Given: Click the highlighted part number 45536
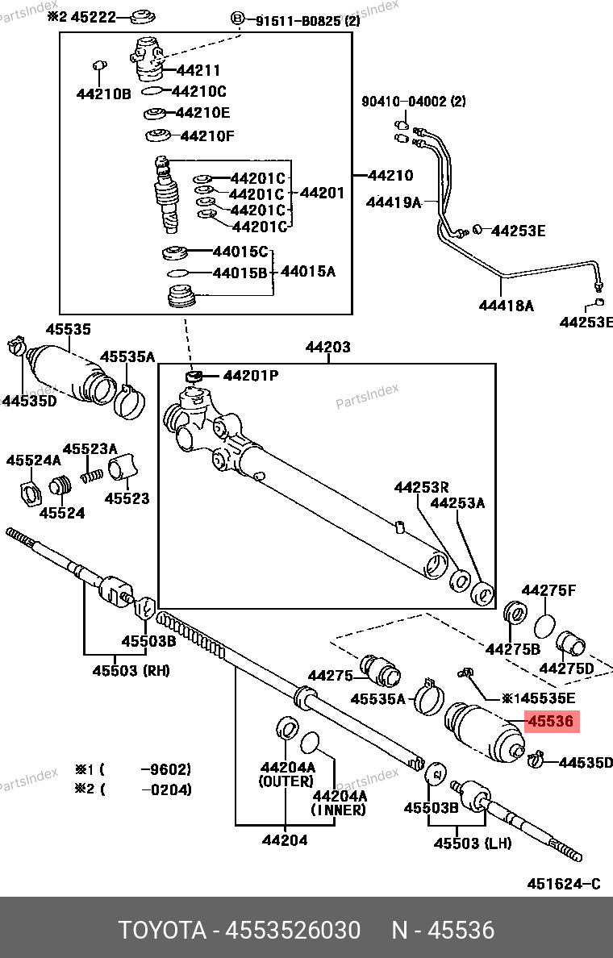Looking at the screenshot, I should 551,722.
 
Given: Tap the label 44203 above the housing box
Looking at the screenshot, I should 327,348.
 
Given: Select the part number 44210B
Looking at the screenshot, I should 103,94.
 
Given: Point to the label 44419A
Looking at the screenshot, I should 394,202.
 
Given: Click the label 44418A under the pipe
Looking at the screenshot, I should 506,306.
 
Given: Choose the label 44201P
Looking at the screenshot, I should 250,376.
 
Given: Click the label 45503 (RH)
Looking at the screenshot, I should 131,670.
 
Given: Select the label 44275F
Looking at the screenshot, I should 548,591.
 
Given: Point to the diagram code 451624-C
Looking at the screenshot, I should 564,884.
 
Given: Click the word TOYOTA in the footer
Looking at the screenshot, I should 162,931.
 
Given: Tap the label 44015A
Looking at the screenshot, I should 307,272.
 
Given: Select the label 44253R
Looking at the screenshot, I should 421,487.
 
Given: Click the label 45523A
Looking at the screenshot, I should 90,449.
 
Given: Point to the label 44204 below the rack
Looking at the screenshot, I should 284,840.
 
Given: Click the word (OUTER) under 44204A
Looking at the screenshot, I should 286,781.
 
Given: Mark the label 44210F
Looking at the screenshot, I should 206,135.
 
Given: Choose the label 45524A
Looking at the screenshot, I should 33,460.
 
